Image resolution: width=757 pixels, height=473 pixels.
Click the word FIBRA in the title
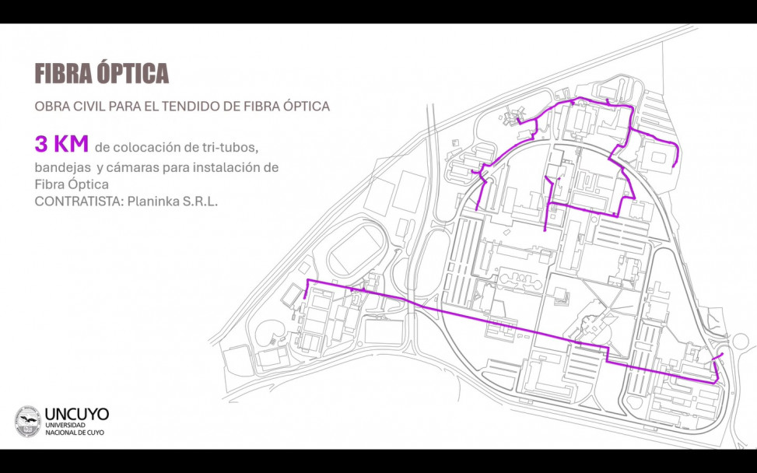pyautogui.click(x=63, y=74)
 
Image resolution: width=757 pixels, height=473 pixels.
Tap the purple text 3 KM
pyautogui.click(x=61, y=144)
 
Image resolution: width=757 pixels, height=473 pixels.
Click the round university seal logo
pyautogui.click(x=28, y=421)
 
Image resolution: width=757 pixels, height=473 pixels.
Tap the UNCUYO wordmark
pyautogui.click(x=77, y=415)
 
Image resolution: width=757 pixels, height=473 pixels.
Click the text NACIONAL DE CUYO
pyautogui.click(x=74, y=433)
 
